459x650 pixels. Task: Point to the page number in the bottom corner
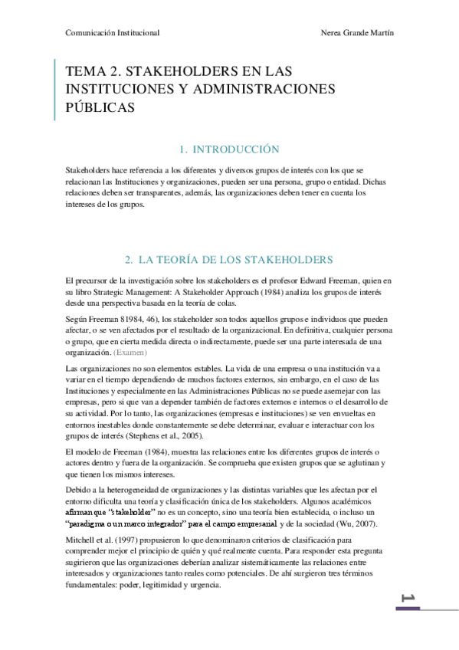point(407,599)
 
